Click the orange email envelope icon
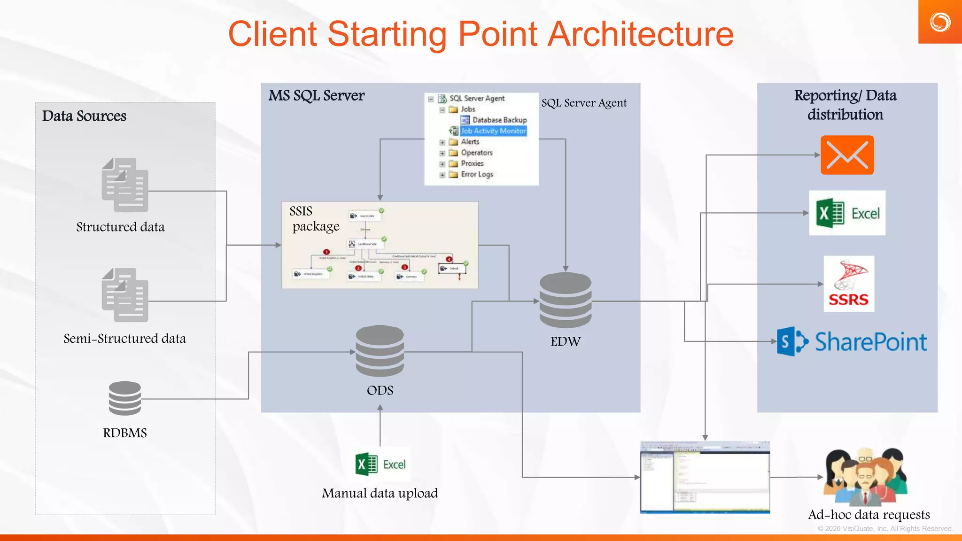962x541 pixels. click(x=847, y=155)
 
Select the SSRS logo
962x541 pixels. click(x=848, y=284)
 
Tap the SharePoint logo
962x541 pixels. click(x=852, y=341)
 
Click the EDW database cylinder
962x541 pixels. click(x=565, y=301)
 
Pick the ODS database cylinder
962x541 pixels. click(x=380, y=351)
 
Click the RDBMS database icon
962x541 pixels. click(x=124, y=398)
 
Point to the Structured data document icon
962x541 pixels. click(x=125, y=185)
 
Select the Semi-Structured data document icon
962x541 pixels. click(x=125, y=295)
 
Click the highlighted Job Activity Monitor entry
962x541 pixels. click(x=493, y=131)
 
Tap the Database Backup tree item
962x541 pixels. click(x=499, y=120)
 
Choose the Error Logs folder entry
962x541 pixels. click(x=476, y=174)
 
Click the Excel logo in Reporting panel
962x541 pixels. click(x=847, y=213)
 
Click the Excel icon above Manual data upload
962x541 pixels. click(x=380, y=464)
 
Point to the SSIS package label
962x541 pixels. click(x=314, y=219)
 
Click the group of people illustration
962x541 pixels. click(x=866, y=476)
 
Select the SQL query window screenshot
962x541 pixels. click(x=705, y=477)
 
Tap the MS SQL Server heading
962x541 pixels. click(x=316, y=96)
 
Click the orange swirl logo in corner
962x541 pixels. click(x=939, y=22)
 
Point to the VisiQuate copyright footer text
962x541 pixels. click(x=885, y=529)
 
